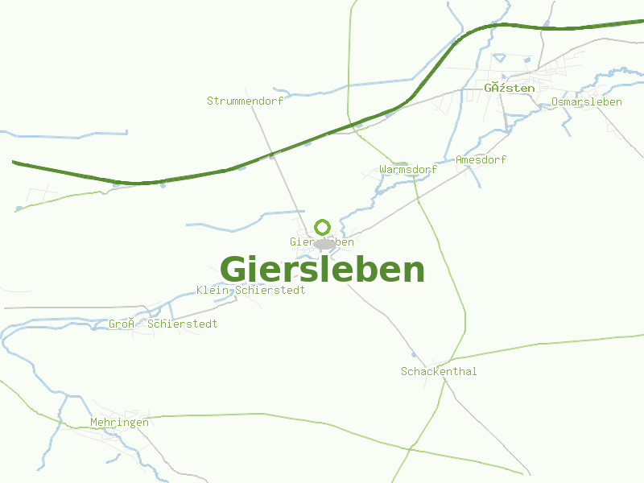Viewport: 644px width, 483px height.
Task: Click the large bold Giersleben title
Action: click(322, 270)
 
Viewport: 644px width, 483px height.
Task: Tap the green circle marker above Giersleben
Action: click(323, 227)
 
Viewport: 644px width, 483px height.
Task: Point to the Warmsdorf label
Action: click(408, 170)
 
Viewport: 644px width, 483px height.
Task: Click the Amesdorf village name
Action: click(481, 159)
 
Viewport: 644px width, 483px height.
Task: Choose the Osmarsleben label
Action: click(587, 101)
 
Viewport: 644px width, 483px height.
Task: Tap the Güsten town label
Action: click(509, 87)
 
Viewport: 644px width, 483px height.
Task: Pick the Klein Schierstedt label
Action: click(250, 290)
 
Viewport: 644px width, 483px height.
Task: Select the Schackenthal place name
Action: click(439, 371)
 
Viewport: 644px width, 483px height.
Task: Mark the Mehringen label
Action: click(119, 422)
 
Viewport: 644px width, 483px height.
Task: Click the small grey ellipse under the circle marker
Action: click(324, 244)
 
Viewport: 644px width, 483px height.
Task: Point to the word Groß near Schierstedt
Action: click(121, 324)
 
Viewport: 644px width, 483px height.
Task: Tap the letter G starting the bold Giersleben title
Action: click(233, 270)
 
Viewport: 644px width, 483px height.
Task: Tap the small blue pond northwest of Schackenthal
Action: click(414, 354)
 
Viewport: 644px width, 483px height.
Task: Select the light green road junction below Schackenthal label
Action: click(444, 381)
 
